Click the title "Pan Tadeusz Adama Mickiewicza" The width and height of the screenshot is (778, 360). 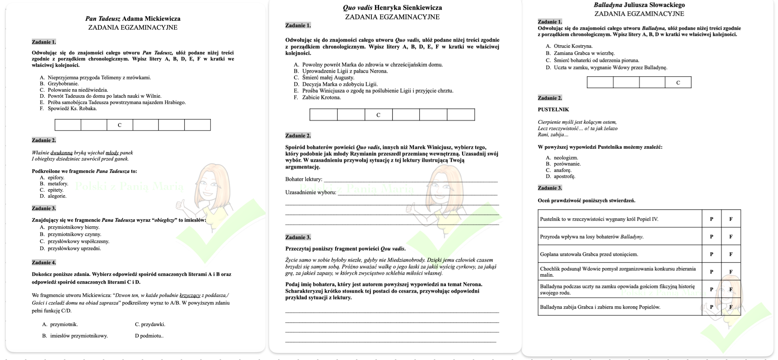point(133,19)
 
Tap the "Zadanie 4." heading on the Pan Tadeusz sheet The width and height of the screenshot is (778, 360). point(44,263)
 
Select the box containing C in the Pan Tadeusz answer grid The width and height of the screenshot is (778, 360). point(120,125)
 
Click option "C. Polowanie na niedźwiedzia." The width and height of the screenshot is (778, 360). point(74,90)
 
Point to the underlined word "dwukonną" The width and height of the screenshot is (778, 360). point(62,153)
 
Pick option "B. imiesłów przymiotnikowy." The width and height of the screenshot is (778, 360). point(75,336)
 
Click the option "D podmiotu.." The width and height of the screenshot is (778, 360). point(149,336)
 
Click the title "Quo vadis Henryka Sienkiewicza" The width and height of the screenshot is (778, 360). point(392,8)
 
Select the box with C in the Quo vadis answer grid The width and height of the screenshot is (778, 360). point(378,115)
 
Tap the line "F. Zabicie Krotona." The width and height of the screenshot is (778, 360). point(317,97)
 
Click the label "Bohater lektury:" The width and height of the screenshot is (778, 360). point(304,179)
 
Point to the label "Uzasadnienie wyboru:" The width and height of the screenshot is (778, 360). point(311,192)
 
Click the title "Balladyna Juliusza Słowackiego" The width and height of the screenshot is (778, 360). point(639,5)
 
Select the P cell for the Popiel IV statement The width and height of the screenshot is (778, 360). point(711,219)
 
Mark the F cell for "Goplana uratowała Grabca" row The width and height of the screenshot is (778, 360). point(730,254)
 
